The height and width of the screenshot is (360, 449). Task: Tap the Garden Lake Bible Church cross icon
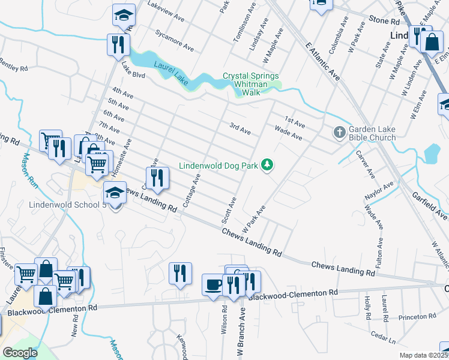click(339, 131)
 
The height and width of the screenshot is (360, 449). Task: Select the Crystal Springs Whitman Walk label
click(250, 80)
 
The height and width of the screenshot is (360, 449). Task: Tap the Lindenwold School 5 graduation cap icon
click(113, 193)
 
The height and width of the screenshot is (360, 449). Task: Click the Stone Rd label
click(384, 21)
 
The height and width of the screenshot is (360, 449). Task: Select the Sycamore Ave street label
click(174, 40)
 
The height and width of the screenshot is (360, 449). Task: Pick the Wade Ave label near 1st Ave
click(288, 132)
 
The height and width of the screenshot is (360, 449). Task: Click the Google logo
click(20, 353)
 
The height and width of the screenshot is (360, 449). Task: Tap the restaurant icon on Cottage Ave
click(158, 177)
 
